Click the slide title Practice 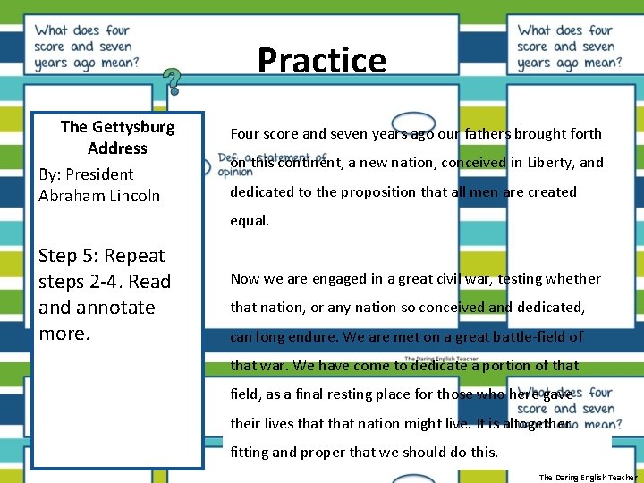click(322, 61)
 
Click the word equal click(250, 221)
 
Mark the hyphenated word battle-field click(535, 337)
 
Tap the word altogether click(537, 423)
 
